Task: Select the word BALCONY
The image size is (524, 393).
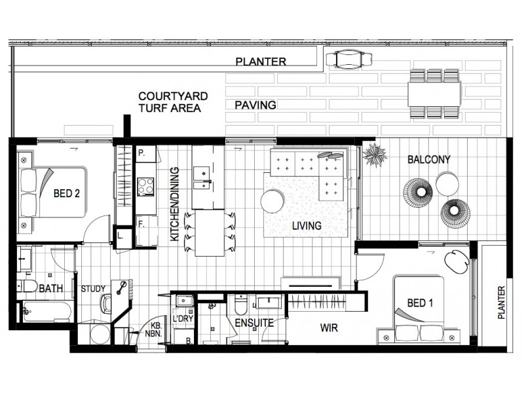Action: click(428, 159)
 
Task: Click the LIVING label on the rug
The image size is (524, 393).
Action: click(307, 226)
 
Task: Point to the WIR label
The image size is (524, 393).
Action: click(329, 327)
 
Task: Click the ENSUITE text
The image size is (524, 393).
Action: click(250, 324)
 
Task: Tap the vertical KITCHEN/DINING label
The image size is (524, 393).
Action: click(175, 204)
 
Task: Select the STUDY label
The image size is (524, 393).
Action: click(92, 288)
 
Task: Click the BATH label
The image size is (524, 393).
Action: click(51, 288)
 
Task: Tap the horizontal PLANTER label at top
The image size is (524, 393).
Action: click(261, 62)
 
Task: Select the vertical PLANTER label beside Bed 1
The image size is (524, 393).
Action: click(502, 301)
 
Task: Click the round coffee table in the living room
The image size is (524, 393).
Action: click(272, 200)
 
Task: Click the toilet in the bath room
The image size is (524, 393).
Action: click(28, 286)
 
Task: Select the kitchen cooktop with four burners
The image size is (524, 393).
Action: click(146, 185)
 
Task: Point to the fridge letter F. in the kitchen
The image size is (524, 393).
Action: click(141, 223)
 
